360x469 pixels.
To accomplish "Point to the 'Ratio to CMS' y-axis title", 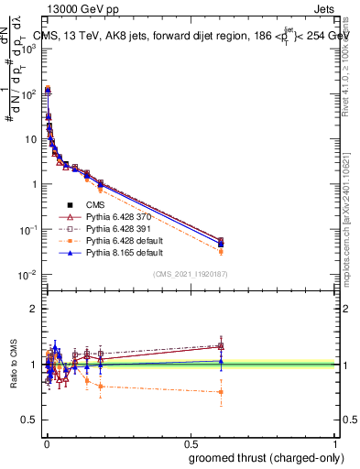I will pos(13,365).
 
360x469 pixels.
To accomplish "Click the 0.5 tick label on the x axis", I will pos(191,442).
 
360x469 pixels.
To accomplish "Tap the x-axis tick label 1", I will pos(336,442).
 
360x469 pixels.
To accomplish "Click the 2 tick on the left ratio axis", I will pos(36,309).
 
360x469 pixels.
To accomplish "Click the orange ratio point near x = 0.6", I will pos(221,392).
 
